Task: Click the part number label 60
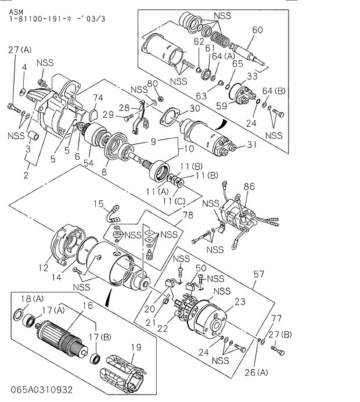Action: point(258,30)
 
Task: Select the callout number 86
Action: point(249,186)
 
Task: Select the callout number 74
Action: point(99,98)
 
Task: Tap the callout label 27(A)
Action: point(20,51)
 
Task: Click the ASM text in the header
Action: point(17,11)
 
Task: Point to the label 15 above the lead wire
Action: point(99,204)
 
